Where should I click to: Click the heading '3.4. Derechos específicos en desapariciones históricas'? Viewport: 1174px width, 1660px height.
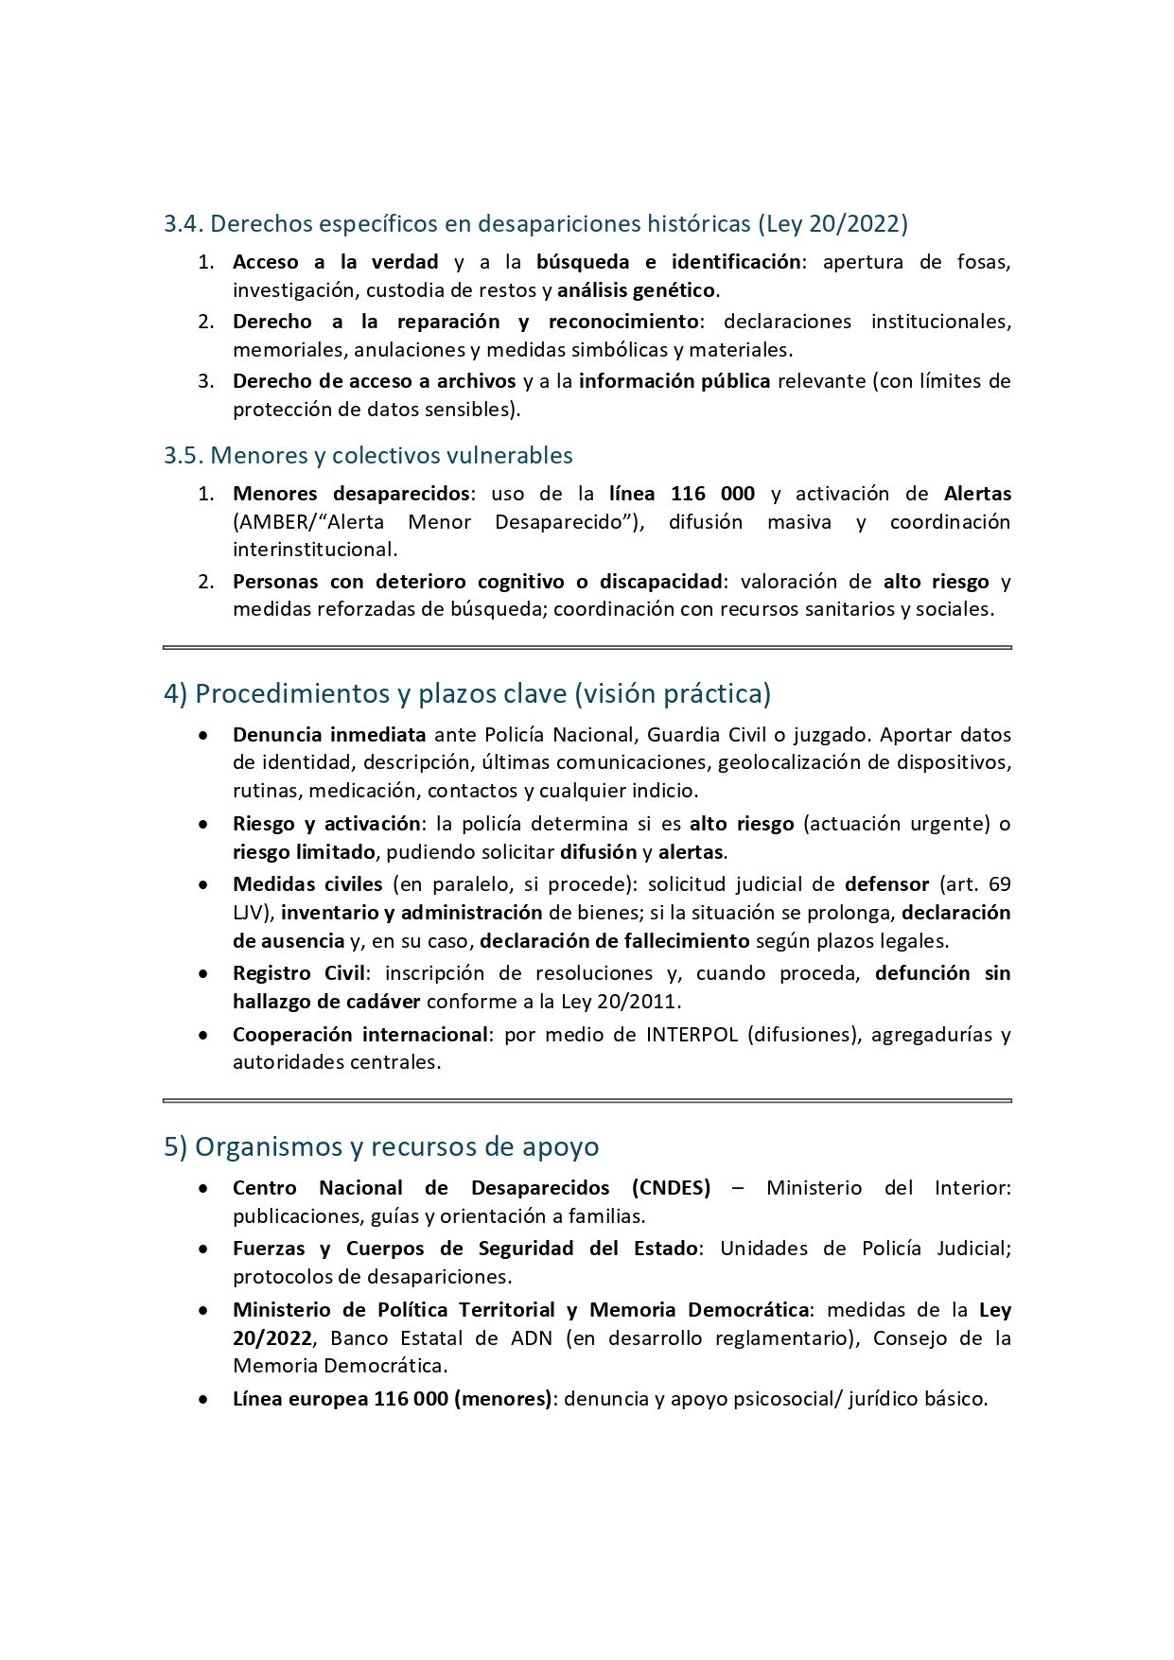coord(535,224)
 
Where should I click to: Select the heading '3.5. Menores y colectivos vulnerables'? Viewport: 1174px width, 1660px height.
coord(368,456)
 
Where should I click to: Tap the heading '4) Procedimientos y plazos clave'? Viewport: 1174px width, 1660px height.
coord(466,694)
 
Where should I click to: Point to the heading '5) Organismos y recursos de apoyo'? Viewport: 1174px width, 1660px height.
coord(381,1147)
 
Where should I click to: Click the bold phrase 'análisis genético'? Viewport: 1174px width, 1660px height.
coord(637,290)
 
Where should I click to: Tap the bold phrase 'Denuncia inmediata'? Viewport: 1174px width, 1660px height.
coord(329,735)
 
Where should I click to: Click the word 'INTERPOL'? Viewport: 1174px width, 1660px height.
coord(692,1035)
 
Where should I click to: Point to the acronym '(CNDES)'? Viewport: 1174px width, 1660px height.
coord(671,1188)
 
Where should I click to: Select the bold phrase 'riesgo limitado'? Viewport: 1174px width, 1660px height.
coord(305,852)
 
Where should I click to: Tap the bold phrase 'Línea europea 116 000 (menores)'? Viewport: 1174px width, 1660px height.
coord(392,1399)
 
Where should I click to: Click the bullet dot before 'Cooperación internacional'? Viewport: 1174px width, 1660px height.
coord(203,1036)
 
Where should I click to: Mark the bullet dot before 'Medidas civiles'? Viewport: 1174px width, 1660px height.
coord(203,885)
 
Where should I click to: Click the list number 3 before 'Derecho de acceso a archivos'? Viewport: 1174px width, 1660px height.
coord(205,381)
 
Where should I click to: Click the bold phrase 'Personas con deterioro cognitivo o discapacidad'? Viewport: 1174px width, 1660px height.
coord(478,582)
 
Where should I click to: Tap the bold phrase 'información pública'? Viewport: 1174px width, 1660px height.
coord(675,381)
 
